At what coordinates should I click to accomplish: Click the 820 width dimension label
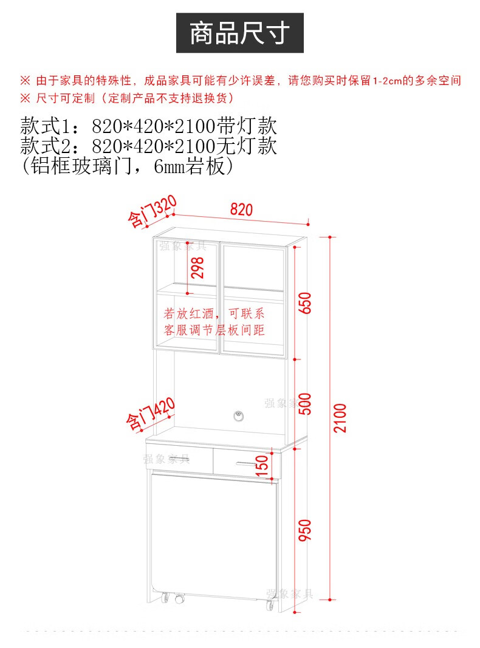(241, 210)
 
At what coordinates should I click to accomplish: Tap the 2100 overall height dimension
(340, 418)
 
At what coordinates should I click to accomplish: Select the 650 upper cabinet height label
(304, 303)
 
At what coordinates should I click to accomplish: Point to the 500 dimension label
(304, 404)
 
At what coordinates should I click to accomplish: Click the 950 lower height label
(304, 530)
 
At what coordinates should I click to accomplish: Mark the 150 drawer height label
(262, 466)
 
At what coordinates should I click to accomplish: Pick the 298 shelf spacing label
(197, 267)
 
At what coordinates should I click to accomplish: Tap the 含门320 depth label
(152, 211)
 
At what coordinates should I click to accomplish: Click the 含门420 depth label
(151, 414)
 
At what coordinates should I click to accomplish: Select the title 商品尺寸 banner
(240, 33)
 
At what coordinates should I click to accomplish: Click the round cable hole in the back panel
(239, 416)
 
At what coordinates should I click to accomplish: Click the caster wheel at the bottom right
(270, 605)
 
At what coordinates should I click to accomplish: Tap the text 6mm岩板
(190, 166)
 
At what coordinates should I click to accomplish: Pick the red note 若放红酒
(188, 313)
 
